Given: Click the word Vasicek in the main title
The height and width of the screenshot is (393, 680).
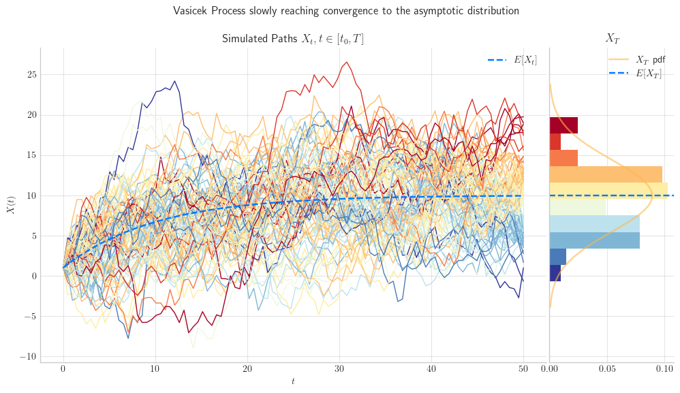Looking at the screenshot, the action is tap(190, 10).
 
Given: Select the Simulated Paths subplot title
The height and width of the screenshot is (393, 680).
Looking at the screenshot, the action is tap(293, 39).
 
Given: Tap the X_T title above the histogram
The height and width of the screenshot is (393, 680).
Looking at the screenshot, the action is tap(613, 39).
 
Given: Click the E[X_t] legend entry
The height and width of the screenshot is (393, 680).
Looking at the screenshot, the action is tap(512, 60).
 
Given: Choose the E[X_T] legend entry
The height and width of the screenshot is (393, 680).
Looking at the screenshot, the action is tap(635, 74).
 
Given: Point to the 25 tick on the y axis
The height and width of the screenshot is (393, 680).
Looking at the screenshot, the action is tap(31, 75).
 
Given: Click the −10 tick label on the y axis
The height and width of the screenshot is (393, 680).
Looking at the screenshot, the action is tap(29, 357).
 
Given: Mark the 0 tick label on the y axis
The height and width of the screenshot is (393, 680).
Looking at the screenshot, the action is tap(34, 277).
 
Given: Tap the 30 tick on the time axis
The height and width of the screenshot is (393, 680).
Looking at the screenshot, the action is tap(339, 369).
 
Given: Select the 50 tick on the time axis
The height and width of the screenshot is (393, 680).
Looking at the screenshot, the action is tap(523, 369).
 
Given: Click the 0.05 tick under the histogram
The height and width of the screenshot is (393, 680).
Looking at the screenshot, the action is tap(607, 369).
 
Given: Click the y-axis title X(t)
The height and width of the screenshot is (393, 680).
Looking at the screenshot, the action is tap(12, 205).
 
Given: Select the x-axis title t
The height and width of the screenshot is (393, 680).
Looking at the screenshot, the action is tap(293, 381).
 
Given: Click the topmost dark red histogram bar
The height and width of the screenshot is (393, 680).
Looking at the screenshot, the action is tap(563, 125).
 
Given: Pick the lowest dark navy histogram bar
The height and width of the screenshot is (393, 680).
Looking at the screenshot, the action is tap(555, 273).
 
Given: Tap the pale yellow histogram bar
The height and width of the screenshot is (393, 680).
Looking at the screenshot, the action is tap(609, 191).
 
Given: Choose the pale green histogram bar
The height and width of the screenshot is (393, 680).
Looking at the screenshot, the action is tap(578, 207).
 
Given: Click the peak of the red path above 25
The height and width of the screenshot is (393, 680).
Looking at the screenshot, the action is tap(346, 62).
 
